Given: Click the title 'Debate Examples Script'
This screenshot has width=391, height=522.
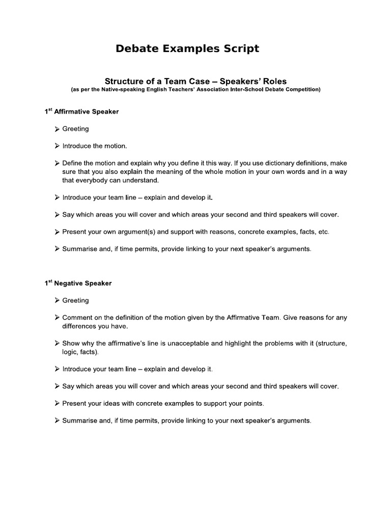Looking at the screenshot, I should click(187, 49).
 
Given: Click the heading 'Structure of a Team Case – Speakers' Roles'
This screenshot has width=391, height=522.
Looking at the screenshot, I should click(195, 81).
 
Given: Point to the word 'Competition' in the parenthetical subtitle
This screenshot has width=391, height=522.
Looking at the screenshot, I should click(301, 89).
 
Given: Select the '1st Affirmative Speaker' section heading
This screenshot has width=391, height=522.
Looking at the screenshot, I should click(81, 112).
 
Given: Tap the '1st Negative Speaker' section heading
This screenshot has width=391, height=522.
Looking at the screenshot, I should click(78, 283).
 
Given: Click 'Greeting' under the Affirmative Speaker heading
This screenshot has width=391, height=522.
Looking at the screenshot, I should click(75, 129).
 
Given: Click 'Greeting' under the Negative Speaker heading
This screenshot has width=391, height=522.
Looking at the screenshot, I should click(75, 300).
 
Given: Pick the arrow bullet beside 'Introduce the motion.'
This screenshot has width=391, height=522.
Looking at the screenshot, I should click(57, 146).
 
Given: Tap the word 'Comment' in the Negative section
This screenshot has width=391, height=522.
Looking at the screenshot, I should click(77, 318).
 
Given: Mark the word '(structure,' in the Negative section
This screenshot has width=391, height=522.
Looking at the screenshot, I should click(331, 344).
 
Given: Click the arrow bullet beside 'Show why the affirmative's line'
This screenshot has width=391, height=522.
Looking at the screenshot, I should click(57, 344).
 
